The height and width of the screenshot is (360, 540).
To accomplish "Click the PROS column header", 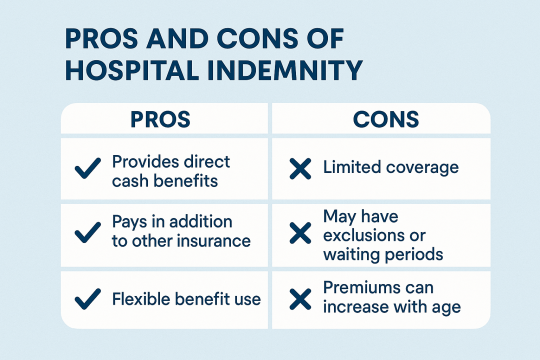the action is pyautogui.click(x=160, y=119).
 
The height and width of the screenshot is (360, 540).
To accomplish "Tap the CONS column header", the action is pyautogui.click(x=385, y=119).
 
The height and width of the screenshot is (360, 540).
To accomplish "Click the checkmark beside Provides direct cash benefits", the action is pyautogui.click(x=88, y=168).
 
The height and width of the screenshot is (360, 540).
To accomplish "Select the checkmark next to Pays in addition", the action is pyautogui.click(x=88, y=232).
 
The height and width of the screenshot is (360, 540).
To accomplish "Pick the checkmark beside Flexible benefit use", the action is pyautogui.click(x=88, y=298).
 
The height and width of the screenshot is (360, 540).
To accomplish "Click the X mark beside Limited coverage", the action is pyautogui.click(x=300, y=169).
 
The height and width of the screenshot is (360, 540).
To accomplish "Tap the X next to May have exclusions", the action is pyautogui.click(x=300, y=233).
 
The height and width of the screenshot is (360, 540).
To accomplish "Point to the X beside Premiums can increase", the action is pyautogui.click(x=300, y=298).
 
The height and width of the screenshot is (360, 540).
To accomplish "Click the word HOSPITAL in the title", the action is pyautogui.click(x=132, y=70).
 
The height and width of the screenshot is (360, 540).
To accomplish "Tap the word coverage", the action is pyautogui.click(x=422, y=168).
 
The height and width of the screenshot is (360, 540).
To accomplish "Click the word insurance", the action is pyautogui.click(x=214, y=240).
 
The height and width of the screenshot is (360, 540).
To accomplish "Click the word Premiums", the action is pyautogui.click(x=358, y=287).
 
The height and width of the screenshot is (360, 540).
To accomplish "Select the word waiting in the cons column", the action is pyautogui.click(x=350, y=255).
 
